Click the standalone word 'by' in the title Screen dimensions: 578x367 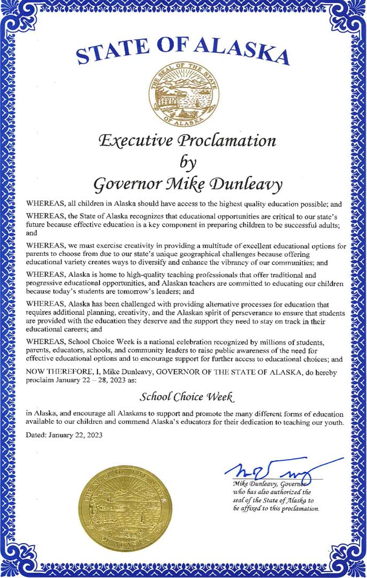[183, 163]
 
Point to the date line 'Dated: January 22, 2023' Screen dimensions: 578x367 [65, 435]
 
